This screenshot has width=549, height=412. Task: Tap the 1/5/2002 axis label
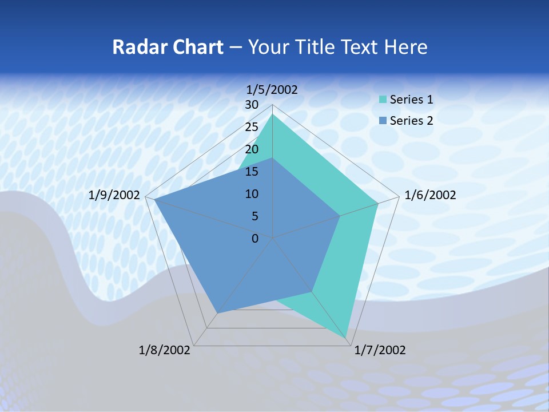pos(272,89)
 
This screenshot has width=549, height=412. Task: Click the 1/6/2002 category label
pos(430,195)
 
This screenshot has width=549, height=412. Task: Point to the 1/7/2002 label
pos(380,350)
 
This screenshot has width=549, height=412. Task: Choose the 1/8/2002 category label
pos(165,350)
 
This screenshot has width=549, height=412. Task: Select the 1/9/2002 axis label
pos(114,195)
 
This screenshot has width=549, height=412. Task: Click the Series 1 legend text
pos(411,100)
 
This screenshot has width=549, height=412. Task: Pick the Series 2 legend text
pos(411,120)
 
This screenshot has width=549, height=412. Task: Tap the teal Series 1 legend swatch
pos(383,100)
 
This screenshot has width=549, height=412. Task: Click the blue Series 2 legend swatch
pos(383,121)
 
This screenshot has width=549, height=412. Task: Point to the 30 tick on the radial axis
pos(252,105)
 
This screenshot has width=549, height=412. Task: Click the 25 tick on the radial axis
pos(252,127)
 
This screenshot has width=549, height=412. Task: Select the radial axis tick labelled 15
pos(252,172)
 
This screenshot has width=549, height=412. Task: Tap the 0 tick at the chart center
pos(255,239)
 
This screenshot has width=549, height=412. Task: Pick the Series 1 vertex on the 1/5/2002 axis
pos(273,114)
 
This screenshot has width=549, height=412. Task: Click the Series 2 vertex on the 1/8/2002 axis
pos(217,313)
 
